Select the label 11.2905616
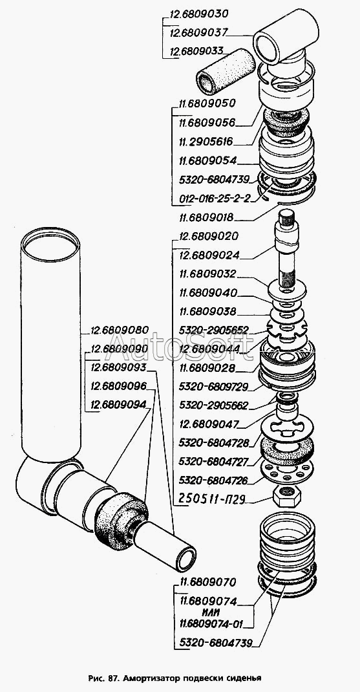pyautogui.click(x=206, y=142)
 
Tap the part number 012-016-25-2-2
pyautogui.click(x=215, y=198)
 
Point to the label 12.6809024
pyautogui.click(x=209, y=255)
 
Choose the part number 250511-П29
pyautogui.click(x=212, y=499)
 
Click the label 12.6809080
pyautogui.click(x=120, y=330)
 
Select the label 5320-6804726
pyautogui.click(x=214, y=480)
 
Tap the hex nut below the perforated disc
pyautogui.click(x=287, y=496)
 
